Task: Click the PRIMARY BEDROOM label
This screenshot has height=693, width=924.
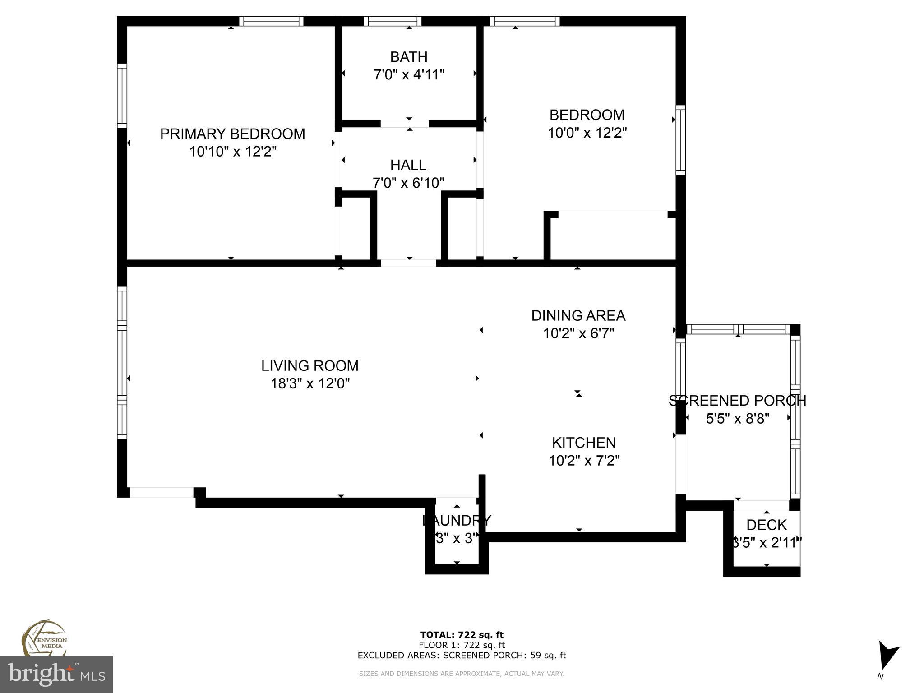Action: click(x=232, y=134)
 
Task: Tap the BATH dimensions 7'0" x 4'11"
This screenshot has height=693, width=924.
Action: click(x=409, y=74)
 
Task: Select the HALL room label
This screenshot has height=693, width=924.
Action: click(x=408, y=165)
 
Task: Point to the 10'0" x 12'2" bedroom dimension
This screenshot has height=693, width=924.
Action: click(x=587, y=133)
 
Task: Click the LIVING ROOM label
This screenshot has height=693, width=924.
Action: click(x=310, y=365)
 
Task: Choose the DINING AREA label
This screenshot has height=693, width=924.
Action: click(x=578, y=315)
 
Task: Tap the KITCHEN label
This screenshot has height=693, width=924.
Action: click(x=584, y=443)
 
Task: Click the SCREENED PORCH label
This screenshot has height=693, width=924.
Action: click(x=737, y=401)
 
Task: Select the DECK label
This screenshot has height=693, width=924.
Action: click(x=766, y=525)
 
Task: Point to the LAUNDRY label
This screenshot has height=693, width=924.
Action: click(x=456, y=521)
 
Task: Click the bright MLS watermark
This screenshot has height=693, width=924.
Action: click(x=56, y=675)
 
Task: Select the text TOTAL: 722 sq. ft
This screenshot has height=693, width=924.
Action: click(x=462, y=635)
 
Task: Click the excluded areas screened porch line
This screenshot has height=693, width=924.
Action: click(x=462, y=655)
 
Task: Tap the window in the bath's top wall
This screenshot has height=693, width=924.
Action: click(x=393, y=21)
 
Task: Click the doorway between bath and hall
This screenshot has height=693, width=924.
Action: click(x=404, y=124)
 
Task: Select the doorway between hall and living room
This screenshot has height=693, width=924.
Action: click(x=408, y=263)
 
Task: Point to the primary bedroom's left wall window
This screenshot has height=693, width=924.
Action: click(x=122, y=96)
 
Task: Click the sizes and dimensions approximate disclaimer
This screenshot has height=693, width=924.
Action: click(x=462, y=674)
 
